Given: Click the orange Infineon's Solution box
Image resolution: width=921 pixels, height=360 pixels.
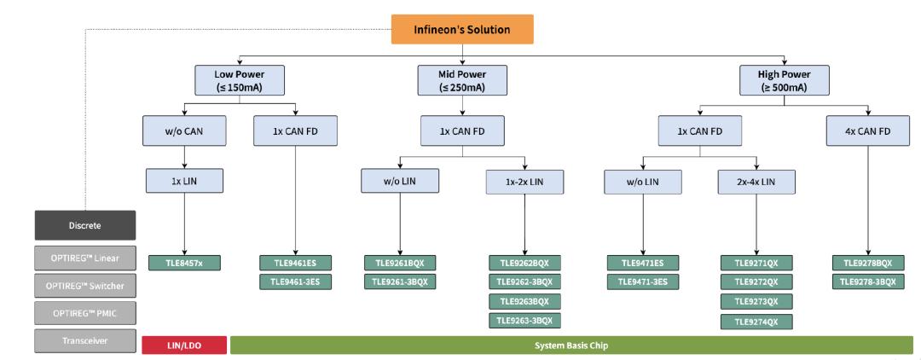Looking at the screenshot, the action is coord(462,29).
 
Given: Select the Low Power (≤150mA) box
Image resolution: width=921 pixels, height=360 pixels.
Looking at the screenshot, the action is coord(240,80).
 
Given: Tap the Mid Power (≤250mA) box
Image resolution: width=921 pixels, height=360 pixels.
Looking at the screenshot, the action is coord(462,80).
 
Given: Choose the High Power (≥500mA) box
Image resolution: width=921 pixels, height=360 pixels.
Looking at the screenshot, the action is coord(784,80).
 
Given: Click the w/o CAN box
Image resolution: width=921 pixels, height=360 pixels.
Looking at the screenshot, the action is coord(184,131).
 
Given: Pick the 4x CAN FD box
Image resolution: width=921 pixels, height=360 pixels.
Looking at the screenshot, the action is coord(867,131).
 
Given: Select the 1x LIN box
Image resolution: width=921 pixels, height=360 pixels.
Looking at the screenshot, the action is coord(184,181).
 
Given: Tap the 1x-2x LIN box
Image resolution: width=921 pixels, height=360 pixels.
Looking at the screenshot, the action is coord(524,182).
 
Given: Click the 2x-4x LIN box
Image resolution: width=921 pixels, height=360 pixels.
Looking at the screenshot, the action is coord(756,182).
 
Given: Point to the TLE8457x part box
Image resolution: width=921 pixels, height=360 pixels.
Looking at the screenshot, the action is coord(184,263).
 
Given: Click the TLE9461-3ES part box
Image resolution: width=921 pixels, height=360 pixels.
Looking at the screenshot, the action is coord(295,282).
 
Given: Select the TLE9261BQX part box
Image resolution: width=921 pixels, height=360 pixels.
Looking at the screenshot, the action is coord(401,263).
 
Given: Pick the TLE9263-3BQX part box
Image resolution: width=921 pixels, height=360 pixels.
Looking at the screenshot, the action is coord(524,320).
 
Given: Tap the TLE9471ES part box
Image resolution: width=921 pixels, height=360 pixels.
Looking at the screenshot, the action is coord(643,263).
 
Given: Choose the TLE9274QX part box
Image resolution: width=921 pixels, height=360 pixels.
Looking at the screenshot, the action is coord(756,322).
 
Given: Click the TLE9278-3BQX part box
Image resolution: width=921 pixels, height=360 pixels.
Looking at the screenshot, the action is coord(867,282).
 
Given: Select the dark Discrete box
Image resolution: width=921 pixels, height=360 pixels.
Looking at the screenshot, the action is coord(85,225).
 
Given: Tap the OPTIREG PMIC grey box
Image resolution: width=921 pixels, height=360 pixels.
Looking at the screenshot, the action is coord(85,313).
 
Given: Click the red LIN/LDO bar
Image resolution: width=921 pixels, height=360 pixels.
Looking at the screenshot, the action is coord(184,345).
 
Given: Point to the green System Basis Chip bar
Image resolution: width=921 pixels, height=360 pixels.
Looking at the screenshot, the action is coord(571,345).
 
